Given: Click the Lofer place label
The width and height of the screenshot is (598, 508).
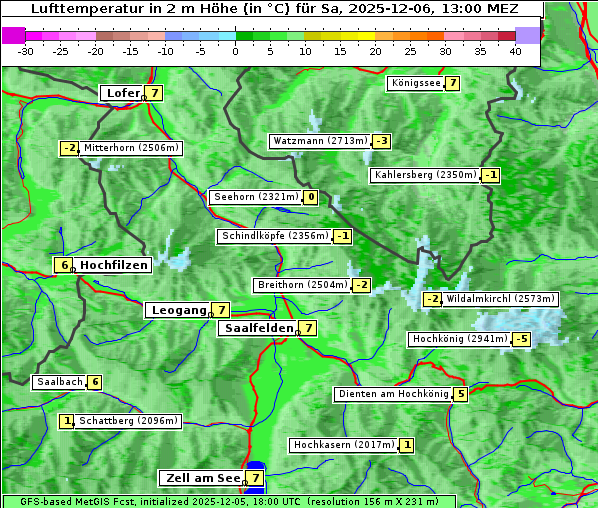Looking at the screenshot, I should pyautogui.click(x=123, y=93).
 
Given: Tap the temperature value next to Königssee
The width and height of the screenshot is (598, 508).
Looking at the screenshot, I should pyautogui.click(x=452, y=83).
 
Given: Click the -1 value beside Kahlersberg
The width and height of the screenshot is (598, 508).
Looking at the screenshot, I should pyautogui.click(x=490, y=175).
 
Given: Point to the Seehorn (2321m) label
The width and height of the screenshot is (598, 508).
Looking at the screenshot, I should pyautogui.click(x=255, y=197).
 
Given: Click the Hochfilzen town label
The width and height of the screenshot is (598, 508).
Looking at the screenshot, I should pyautogui.click(x=114, y=265).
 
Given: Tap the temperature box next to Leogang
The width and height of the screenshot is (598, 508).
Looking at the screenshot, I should pyautogui.click(x=220, y=310).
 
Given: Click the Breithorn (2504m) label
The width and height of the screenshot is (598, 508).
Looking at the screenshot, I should pyautogui.click(x=302, y=285).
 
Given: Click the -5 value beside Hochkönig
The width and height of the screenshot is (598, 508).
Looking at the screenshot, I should pyautogui.click(x=521, y=339).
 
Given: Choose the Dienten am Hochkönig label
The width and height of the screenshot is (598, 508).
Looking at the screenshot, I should pyautogui.click(x=392, y=394).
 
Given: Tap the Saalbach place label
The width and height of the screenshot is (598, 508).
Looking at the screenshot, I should pyautogui.click(x=58, y=382).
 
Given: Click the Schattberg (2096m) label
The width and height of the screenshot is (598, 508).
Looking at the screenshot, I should pyautogui.click(x=129, y=421).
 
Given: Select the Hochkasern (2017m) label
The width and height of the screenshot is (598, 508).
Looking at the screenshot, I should pyautogui.click(x=343, y=445).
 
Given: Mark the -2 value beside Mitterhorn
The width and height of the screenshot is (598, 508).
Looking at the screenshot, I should pyautogui.click(x=69, y=148).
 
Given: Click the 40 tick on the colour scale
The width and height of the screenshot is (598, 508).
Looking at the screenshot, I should pyautogui.click(x=515, y=50).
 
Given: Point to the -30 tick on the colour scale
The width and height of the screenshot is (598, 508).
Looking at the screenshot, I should pyautogui.click(x=26, y=50).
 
